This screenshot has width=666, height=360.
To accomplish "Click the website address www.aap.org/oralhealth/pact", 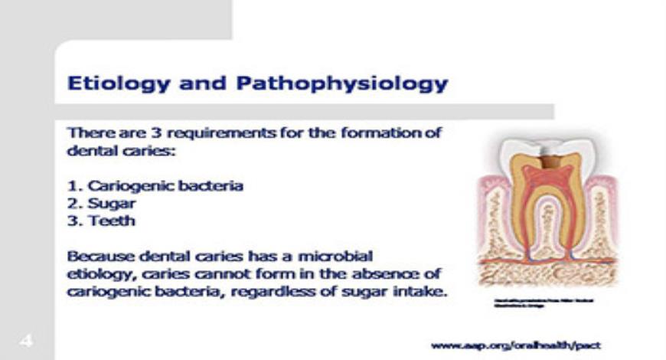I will click(x=516, y=345).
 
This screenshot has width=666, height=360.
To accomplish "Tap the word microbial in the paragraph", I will click(x=334, y=256).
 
